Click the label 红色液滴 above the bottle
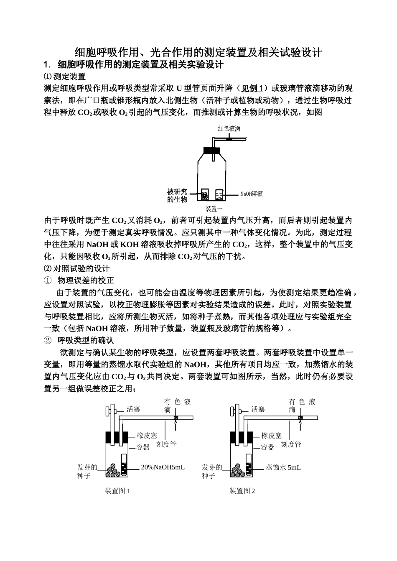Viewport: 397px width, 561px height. pyautogui.click(x=229, y=129)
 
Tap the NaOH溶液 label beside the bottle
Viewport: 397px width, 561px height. pyautogui.click(x=251, y=194)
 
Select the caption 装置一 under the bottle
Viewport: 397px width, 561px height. pyautogui.click(x=214, y=209)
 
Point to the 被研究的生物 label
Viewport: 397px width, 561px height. pyautogui.click(x=177, y=195)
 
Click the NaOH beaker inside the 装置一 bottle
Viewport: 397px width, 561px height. pyautogui.click(x=219, y=195)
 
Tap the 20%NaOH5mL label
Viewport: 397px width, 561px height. pyautogui.click(x=163, y=467)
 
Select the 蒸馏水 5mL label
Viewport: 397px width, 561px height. pyautogui.click(x=283, y=467)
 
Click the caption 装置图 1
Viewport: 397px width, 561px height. pyautogui.click(x=118, y=491)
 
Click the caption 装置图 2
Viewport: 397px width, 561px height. pyautogui.click(x=242, y=491)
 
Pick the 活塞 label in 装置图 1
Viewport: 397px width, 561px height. pyautogui.click(x=133, y=409)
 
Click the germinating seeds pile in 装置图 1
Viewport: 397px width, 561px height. pyautogui.click(x=113, y=470)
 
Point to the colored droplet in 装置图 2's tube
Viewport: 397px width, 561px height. pyautogui.click(x=300, y=418)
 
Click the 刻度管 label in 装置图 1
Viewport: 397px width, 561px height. pyautogui.click(x=166, y=445)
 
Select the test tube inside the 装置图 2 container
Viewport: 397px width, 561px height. pyautogui.click(x=248, y=465)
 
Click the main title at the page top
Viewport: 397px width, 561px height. pyautogui.click(x=198, y=52)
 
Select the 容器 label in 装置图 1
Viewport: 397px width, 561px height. pyautogui.click(x=143, y=447)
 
